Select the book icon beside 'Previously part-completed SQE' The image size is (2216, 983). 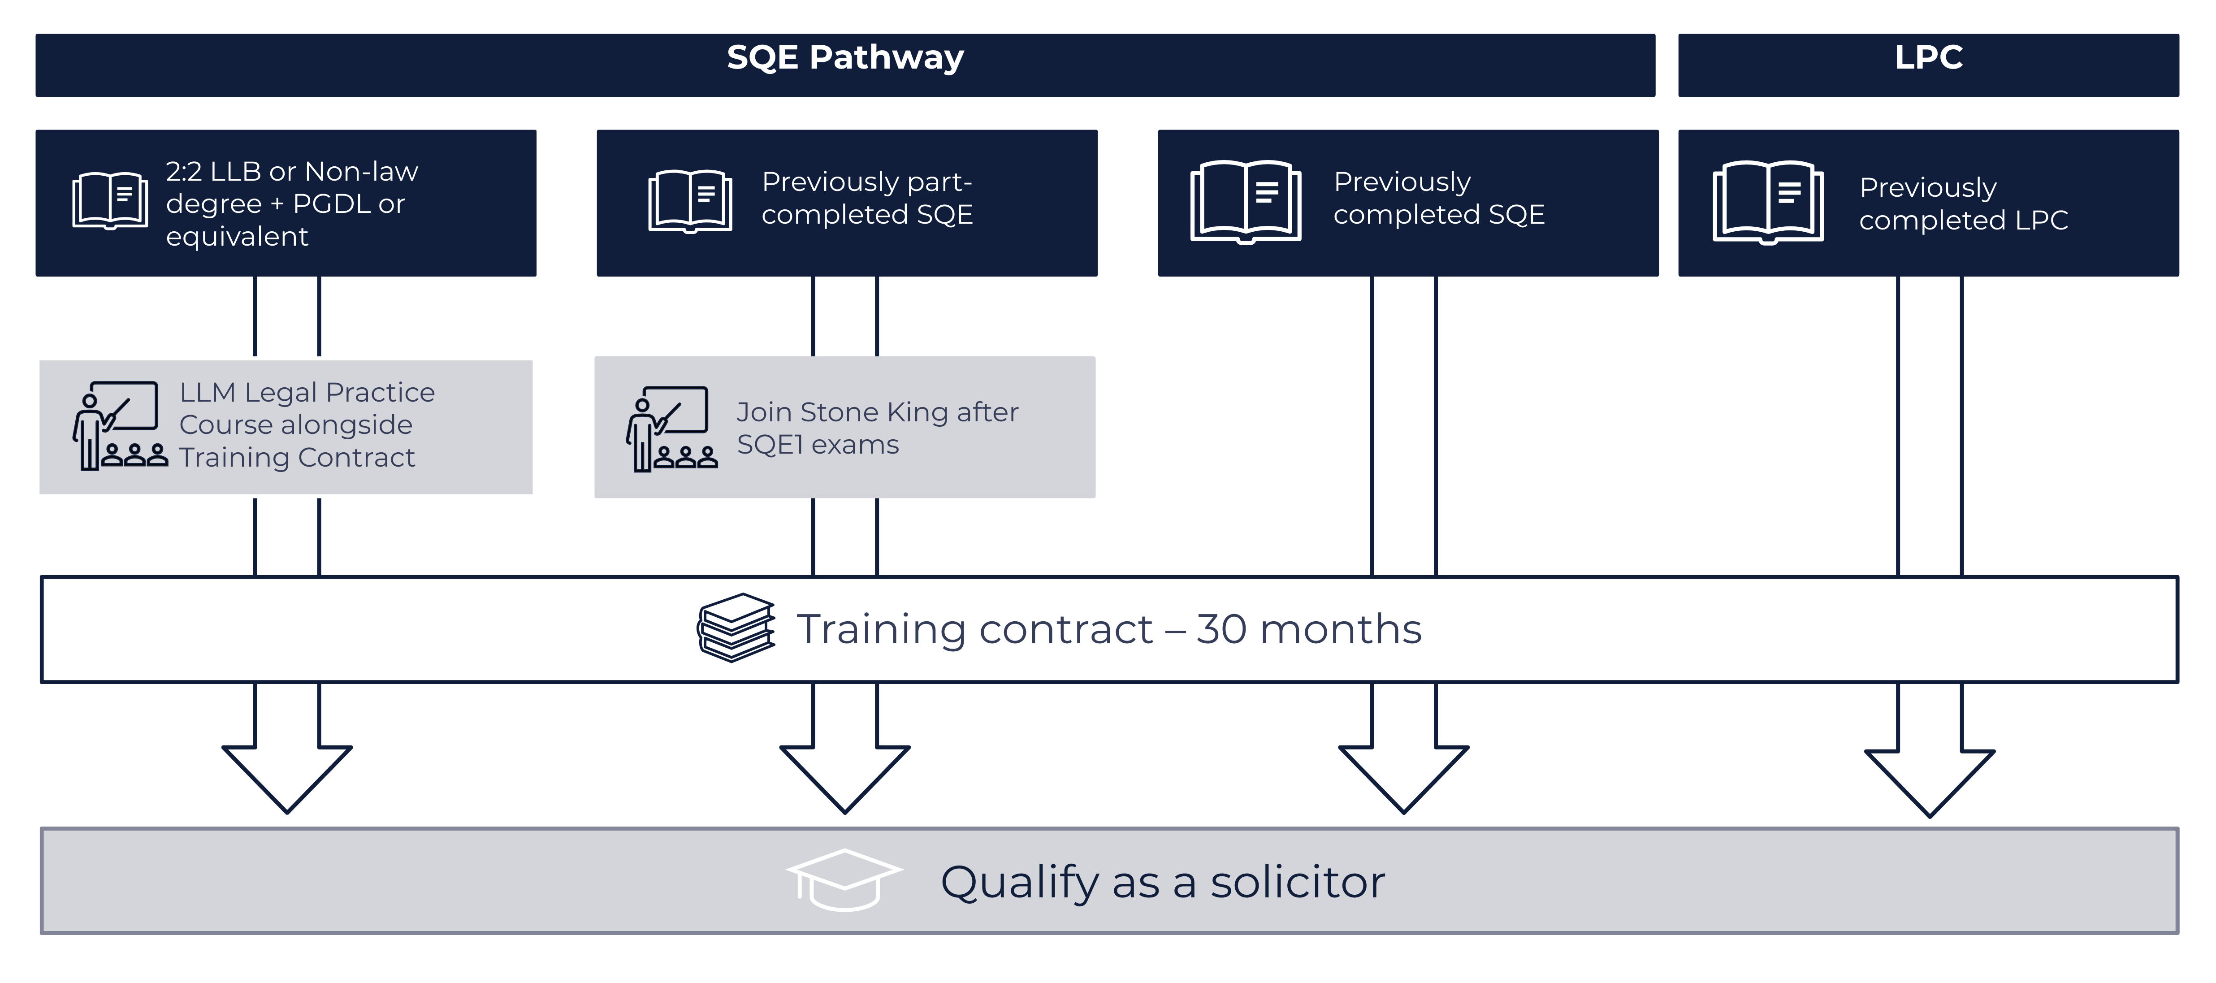[690, 201]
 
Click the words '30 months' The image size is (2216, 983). [1308, 629]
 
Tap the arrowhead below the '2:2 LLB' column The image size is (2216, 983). [287, 774]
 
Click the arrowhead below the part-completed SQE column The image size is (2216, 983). [845, 774]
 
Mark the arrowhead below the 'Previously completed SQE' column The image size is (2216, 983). [1404, 774]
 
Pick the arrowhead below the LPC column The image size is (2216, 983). [1930, 778]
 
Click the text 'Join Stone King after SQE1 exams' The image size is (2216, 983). [877, 428]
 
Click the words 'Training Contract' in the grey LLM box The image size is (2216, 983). [297, 458]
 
